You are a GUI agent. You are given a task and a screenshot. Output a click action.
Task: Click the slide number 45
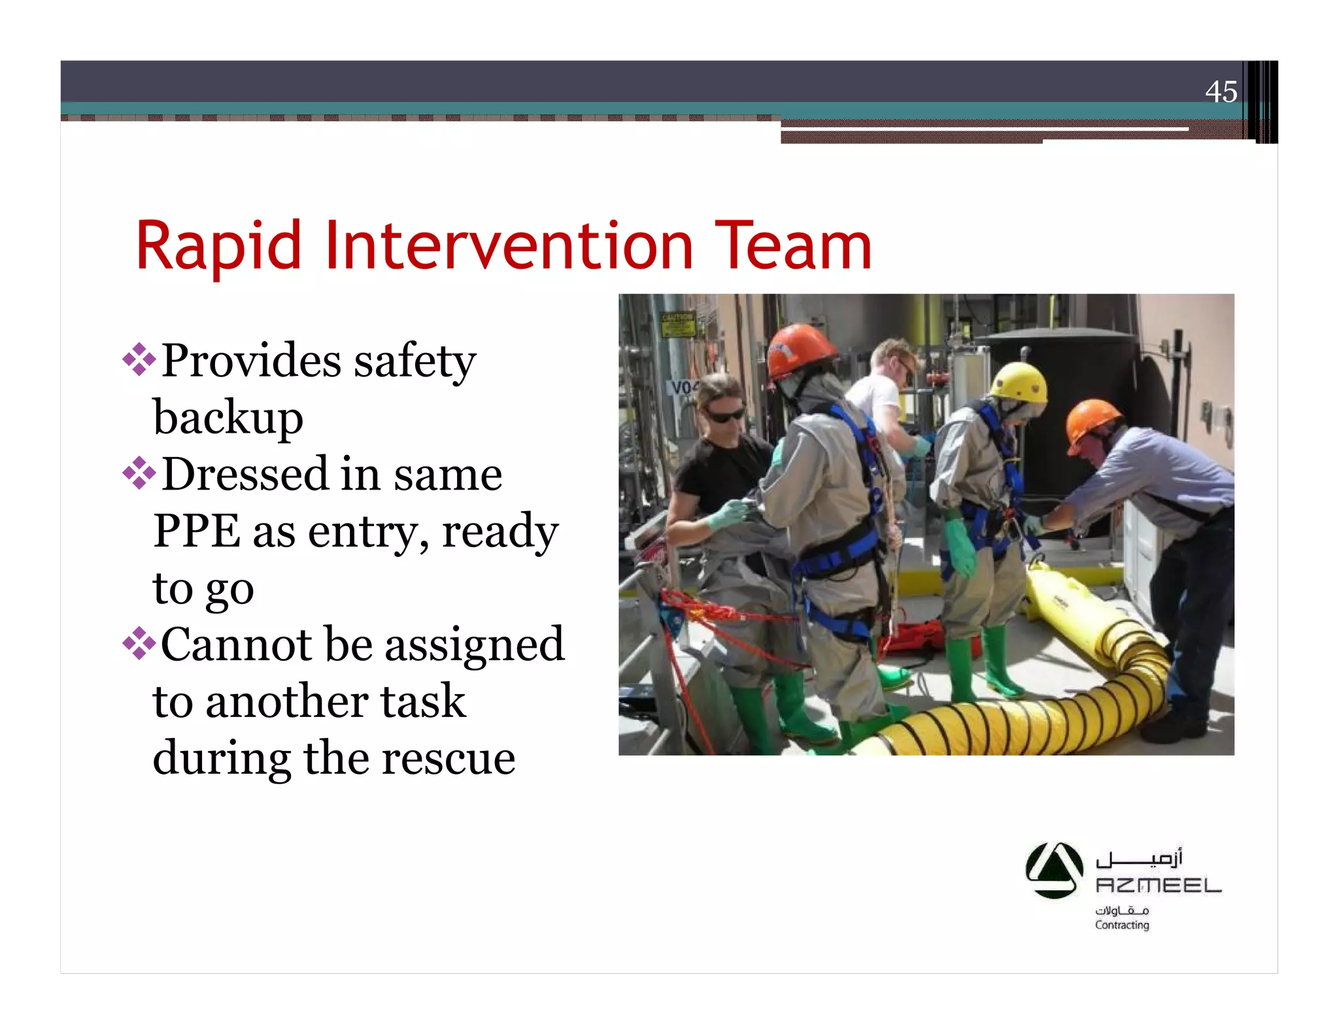pos(1221,92)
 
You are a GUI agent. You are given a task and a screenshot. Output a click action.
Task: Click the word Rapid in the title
pos(218,247)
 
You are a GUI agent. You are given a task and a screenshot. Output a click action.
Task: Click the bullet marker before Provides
pos(139,359)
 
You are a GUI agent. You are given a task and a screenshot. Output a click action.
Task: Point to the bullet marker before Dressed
pos(139,473)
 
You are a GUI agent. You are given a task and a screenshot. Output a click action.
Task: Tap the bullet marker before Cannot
pos(139,644)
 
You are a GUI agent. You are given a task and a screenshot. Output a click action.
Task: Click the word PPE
pos(196,531)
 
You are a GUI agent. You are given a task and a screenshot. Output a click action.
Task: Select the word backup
pos(228,418)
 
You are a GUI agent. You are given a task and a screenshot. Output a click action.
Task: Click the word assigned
pos(474,645)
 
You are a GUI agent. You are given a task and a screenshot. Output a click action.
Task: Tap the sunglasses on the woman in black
pos(724,414)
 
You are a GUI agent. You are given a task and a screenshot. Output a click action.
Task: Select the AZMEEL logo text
pos(1158,886)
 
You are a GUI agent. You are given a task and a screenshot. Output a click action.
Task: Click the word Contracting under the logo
pos(1122,925)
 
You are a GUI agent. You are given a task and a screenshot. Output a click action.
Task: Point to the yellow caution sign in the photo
pos(677,324)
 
